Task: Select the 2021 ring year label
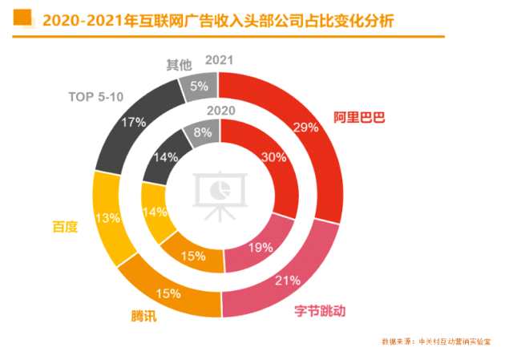click(219, 60)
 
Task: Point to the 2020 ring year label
click(221, 110)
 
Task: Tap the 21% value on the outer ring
click(288, 281)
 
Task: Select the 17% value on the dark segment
click(134, 123)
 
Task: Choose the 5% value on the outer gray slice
click(200, 87)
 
